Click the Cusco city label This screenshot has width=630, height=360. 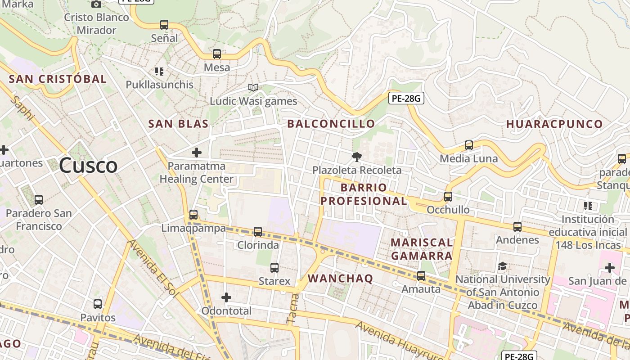tap(88, 166)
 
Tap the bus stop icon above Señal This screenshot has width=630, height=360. tap(164, 25)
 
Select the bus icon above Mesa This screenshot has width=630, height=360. tap(217, 54)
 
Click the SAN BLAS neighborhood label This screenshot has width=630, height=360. tap(179, 124)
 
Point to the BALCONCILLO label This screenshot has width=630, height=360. tap(331, 124)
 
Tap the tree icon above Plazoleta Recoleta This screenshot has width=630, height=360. tap(357, 157)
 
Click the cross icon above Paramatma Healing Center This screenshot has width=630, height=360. tap(197, 153)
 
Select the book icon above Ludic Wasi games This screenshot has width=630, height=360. tap(253, 87)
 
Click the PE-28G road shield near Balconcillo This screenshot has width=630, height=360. tap(406, 98)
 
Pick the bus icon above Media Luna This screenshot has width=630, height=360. tap(469, 145)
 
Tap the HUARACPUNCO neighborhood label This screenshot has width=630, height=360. tap(554, 124)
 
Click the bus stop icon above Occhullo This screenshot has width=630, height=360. tap(448, 197)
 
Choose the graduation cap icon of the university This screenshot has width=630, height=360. tap(503, 266)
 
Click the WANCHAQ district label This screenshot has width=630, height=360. tap(341, 279)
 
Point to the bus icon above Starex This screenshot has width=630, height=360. tap(274, 268)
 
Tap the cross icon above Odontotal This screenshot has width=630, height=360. tap(226, 297)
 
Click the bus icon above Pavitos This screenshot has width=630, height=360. tap(98, 304)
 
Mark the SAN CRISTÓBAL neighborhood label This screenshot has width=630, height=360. tap(58, 79)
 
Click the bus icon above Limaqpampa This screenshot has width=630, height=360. tap(193, 215)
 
